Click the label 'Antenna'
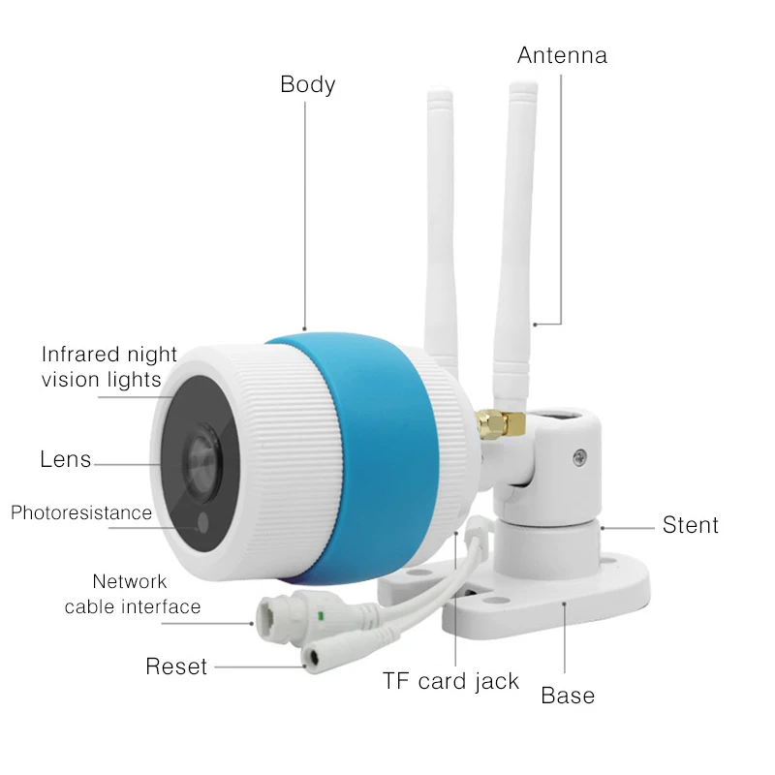coord(562,54)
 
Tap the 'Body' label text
coord(307,84)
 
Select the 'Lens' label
coord(65,458)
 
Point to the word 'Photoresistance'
coord(81,512)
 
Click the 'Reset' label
coord(176,666)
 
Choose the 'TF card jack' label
coord(450,681)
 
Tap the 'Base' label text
coord(568,695)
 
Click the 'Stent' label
coord(690,525)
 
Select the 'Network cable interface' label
coord(132,594)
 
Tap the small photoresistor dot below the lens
coord(201,524)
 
